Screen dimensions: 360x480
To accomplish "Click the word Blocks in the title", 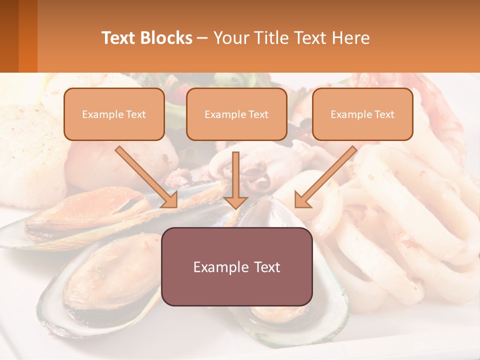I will tap(166, 38).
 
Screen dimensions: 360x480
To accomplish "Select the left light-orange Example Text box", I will tap(114, 114).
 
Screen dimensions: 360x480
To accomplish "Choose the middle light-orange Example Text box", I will tap(236, 114).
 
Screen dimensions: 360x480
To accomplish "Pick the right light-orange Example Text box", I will tap(362, 114).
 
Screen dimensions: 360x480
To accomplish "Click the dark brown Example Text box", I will tap(237, 266).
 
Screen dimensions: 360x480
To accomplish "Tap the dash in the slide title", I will tap(202, 38).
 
